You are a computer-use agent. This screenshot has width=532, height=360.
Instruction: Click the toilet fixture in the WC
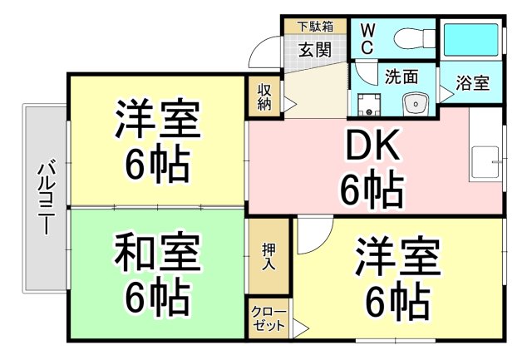pos(407,38)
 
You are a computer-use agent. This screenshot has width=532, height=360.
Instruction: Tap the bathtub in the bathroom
pos(470,40)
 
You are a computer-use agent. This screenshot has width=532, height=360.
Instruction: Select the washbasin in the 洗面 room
pos(413,103)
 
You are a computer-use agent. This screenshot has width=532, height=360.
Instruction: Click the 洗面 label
pos(401,76)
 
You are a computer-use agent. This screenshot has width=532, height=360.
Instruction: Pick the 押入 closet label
pos(268,254)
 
